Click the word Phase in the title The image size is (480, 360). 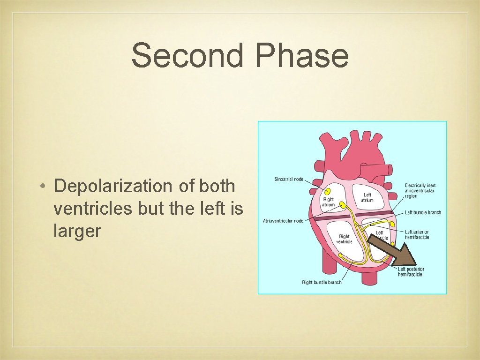point(302,55)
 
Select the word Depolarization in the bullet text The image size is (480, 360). point(113,186)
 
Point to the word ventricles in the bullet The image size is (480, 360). point(93,209)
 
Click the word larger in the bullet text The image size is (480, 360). point(77,231)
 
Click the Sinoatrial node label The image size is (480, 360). point(289,180)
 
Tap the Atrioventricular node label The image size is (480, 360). point(283,221)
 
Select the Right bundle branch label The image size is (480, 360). point(322,282)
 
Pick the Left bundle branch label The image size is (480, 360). point(423,212)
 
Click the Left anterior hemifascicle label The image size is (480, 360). point(417,234)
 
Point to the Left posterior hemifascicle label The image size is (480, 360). point(411,272)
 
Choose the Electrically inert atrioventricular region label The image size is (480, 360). point(420,191)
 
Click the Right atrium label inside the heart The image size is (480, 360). point(328,202)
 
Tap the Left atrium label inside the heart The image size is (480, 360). point(367,197)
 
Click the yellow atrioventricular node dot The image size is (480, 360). point(343,205)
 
